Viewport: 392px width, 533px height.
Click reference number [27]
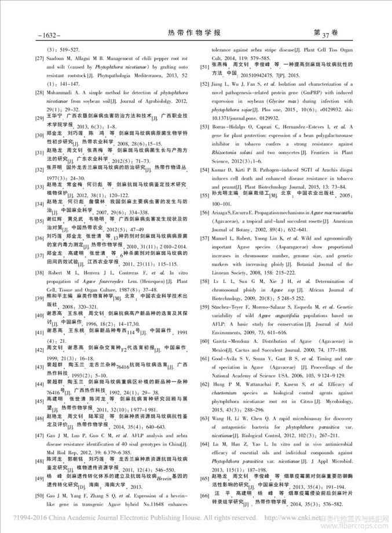pyautogui.click(x=41, y=59)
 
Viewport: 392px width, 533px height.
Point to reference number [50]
pyautogui.click(x=41, y=494)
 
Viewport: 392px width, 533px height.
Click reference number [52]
pyautogui.click(x=205, y=84)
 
